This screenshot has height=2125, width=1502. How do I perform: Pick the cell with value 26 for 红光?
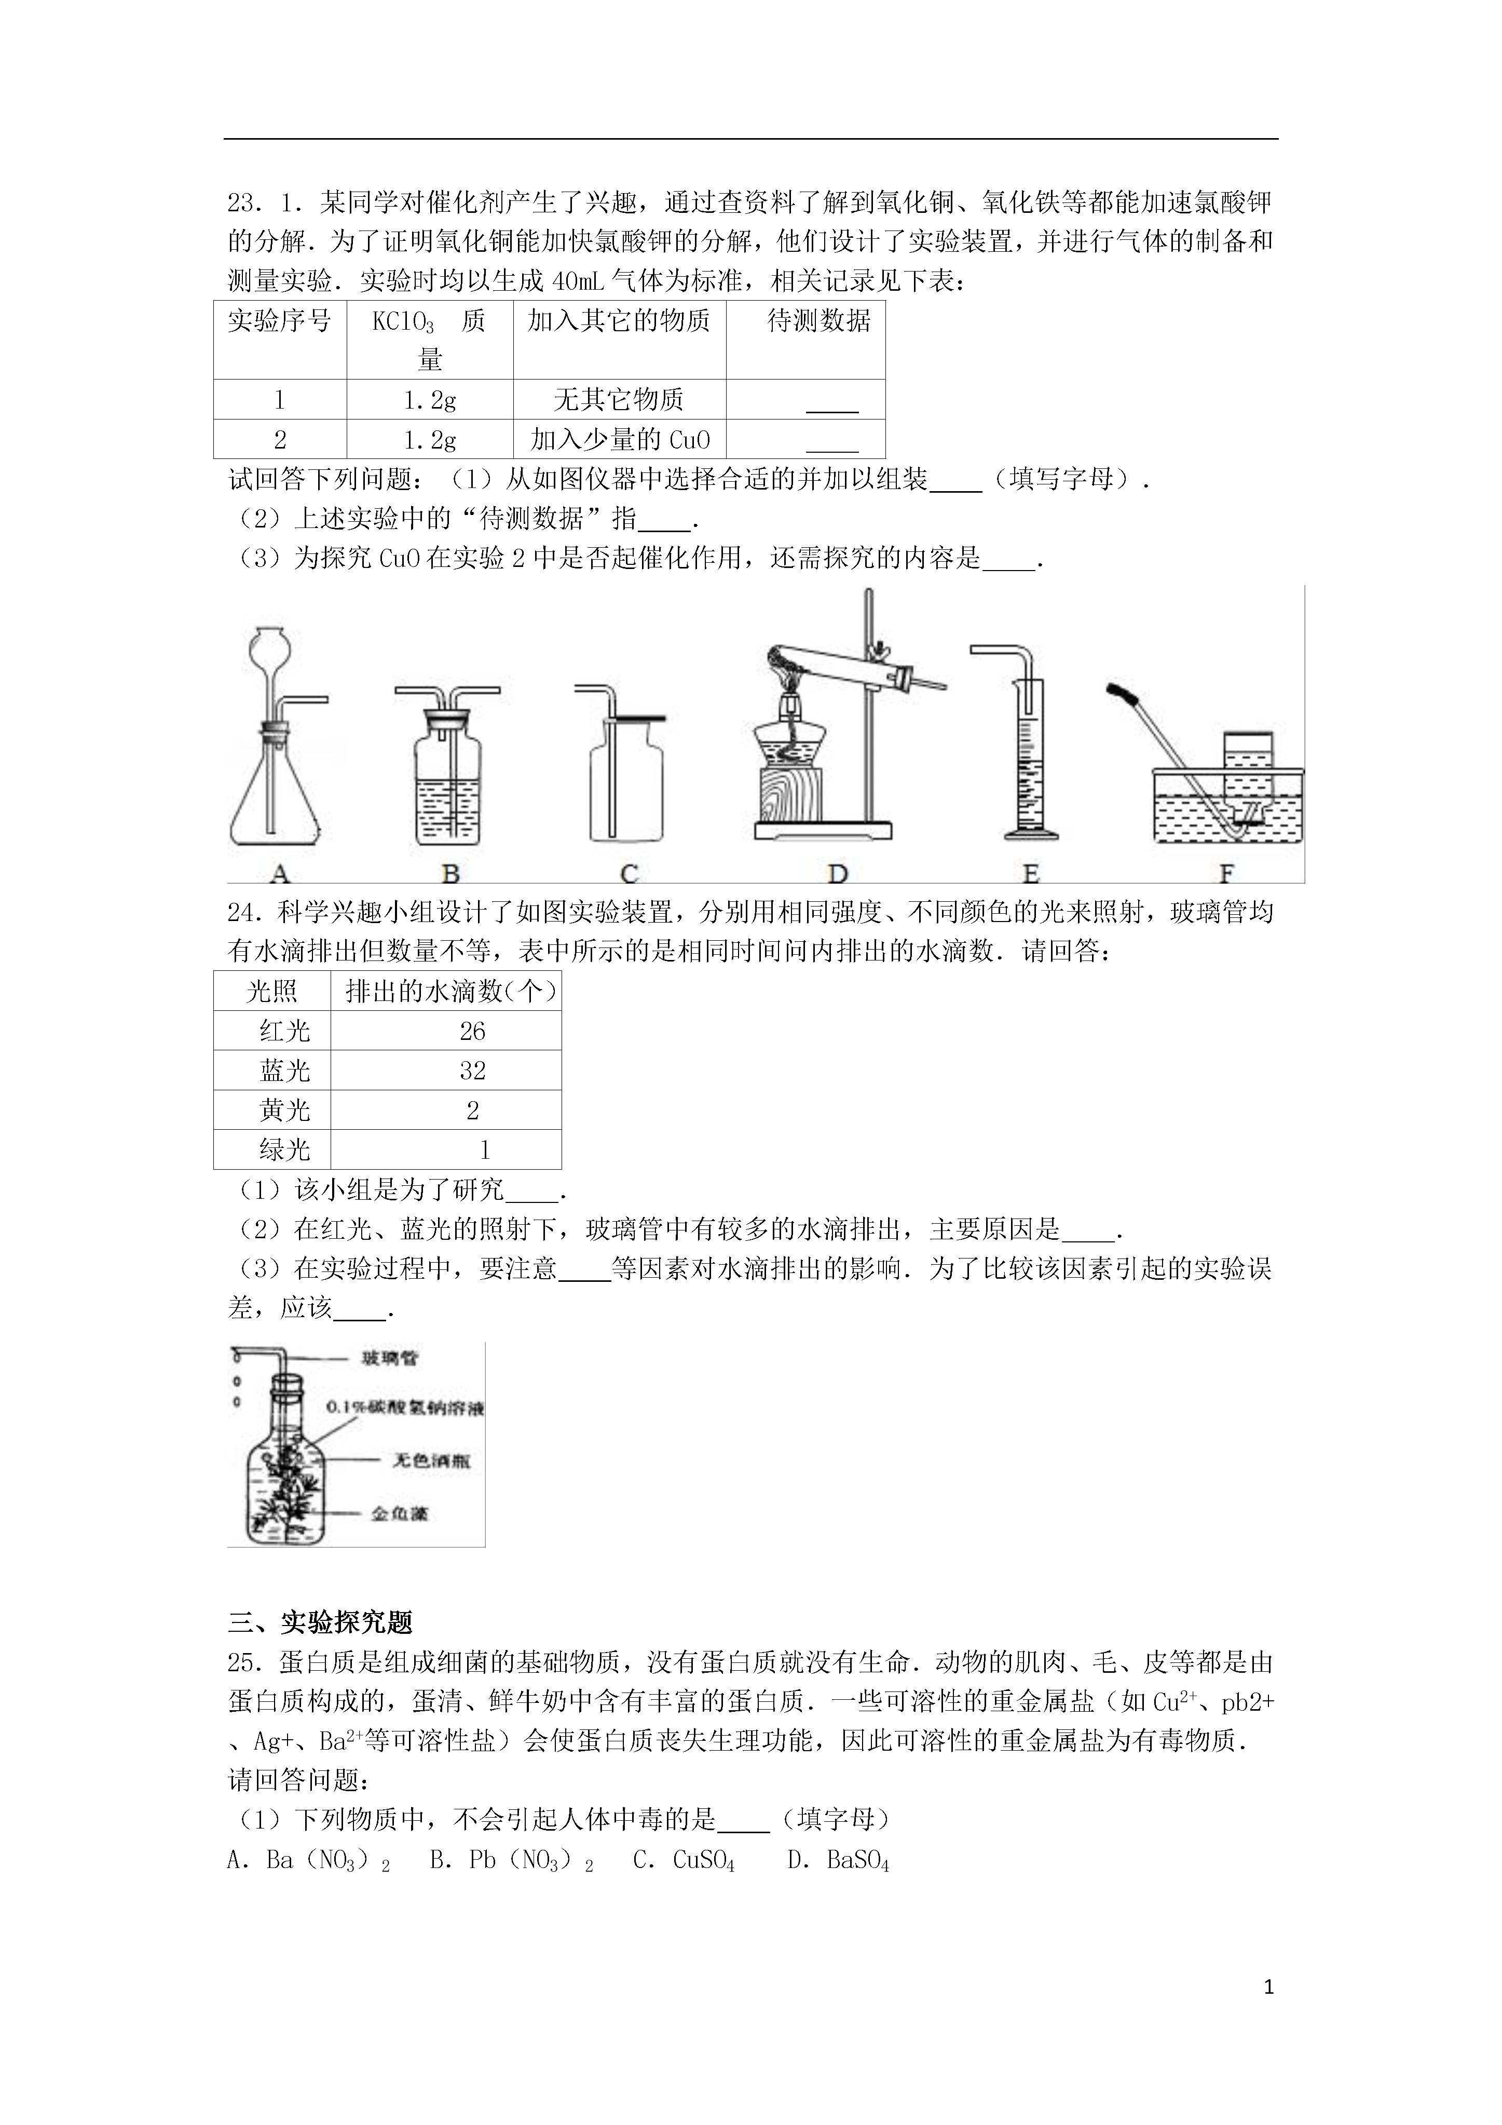tap(472, 1031)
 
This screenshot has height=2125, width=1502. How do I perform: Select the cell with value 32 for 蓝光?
tap(472, 1071)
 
